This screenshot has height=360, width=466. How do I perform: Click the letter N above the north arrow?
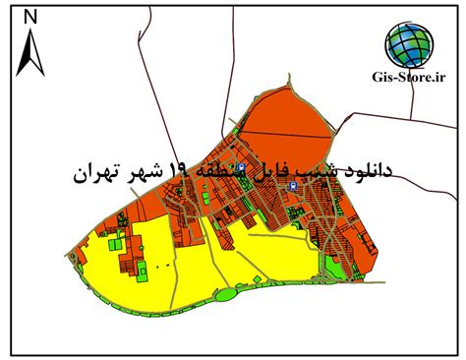[x=30, y=17]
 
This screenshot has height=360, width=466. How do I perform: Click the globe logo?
[x=407, y=43]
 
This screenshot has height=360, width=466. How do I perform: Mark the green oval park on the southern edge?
[x=229, y=291]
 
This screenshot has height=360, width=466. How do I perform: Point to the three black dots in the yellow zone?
[x=164, y=265]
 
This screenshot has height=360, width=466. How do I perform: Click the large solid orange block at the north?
[x=285, y=123]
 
